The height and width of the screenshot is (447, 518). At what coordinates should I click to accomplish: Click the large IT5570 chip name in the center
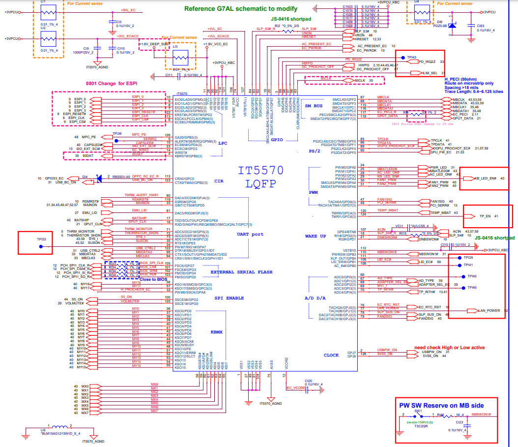[x=261, y=171]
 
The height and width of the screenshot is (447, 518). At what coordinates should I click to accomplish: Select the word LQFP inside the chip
[x=261, y=184]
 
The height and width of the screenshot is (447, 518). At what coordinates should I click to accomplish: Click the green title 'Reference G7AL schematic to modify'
[x=240, y=8]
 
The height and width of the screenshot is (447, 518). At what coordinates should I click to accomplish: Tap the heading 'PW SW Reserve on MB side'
[x=441, y=405]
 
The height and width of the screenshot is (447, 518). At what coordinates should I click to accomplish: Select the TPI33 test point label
[x=41, y=239]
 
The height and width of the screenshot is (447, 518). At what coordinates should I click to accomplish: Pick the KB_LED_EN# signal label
[x=486, y=178]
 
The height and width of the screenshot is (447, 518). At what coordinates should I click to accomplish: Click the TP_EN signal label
[x=486, y=216]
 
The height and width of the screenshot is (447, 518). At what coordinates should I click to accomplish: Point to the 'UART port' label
[x=251, y=234]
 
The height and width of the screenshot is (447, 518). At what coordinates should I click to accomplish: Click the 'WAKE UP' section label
[x=317, y=237]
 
